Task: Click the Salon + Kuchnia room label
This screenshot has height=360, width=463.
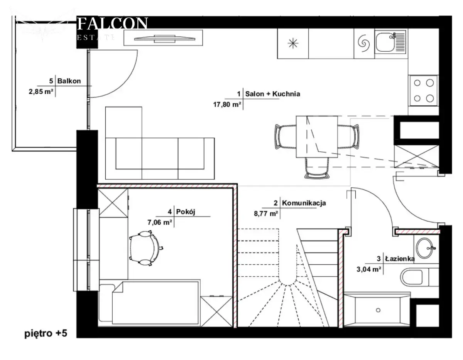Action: tap(272, 94)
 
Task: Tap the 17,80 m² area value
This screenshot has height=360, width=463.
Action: tap(227, 104)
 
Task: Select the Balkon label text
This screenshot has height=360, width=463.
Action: tap(69, 81)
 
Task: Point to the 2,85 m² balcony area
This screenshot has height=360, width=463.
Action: tap(41, 92)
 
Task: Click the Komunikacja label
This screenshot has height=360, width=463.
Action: tap(304, 203)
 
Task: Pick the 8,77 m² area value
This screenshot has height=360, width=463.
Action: tap(266, 214)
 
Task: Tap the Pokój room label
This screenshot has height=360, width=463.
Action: tap(186, 212)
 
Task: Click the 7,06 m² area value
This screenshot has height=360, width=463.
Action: tap(160, 222)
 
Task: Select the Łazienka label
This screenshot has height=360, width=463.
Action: tap(400, 259)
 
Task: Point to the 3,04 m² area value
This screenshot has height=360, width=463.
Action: tap(369, 269)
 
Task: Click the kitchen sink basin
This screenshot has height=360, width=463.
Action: tap(385, 42)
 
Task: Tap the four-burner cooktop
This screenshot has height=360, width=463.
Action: tap(423, 91)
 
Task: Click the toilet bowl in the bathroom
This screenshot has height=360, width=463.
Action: tap(411, 277)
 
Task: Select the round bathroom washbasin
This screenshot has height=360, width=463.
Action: tap(424, 248)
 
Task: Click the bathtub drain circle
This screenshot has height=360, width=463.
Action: tap(378, 310)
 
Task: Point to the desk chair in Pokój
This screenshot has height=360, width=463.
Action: tap(145, 248)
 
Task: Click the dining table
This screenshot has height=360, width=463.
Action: tap(317, 136)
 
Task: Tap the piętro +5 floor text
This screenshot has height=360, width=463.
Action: tap(46, 333)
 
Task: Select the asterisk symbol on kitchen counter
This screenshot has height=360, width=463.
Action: tap(293, 44)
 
